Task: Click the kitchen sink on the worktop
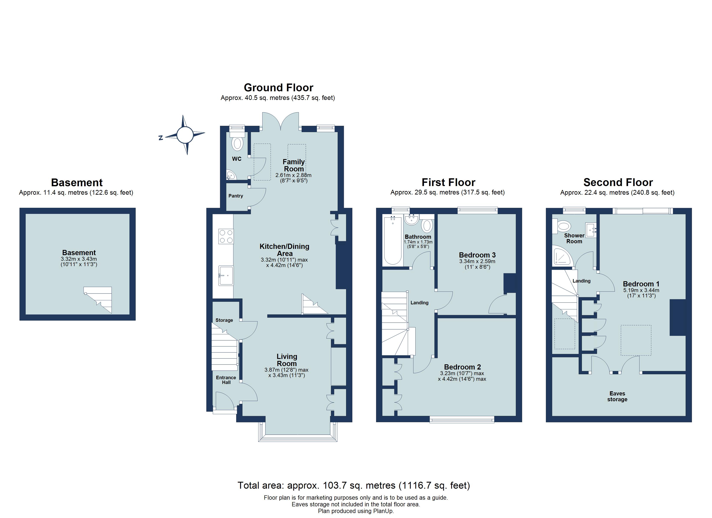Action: [226, 275]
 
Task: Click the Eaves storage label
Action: [617, 396]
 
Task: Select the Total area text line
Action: [353, 485]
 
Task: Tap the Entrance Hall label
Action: [226, 380]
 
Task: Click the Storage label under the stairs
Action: [224, 320]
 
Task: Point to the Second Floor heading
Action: [618, 183]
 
